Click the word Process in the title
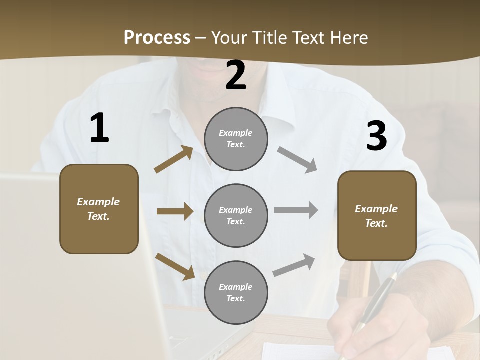[x=157, y=37]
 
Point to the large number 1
[x=99, y=128]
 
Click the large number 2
[x=236, y=76]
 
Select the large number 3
[x=376, y=137]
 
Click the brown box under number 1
[x=99, y=209]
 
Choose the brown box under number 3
[x=377, y=215]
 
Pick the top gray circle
[x=236, y=139]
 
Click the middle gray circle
[x=236, y=215]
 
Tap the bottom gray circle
[x=236, y=292]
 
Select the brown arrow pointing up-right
[x=174, y=159]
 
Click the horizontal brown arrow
[x=174, y=211]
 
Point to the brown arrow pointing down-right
[x=175, y=266]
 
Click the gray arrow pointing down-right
[x=297, y=159]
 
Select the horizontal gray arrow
[x=295, y=210]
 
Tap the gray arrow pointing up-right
[x=294, y=265]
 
